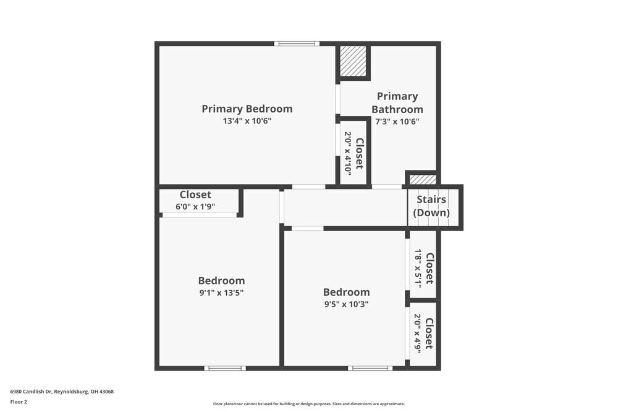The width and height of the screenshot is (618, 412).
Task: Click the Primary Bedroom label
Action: [247, 109]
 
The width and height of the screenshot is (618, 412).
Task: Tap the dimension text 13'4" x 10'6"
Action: [247, 121]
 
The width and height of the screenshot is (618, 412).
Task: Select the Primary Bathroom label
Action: [397, 103]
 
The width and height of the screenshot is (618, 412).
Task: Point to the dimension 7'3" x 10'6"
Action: [397, 121]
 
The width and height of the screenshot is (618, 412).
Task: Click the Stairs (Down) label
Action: [431, 206]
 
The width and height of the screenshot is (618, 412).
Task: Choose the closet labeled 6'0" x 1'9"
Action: [195, 201]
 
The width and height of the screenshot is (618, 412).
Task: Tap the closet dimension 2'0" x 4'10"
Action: [347, 153]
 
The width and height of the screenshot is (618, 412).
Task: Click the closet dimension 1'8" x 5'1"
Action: [418, 268]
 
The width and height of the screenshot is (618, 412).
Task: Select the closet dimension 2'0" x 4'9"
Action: [418, 333]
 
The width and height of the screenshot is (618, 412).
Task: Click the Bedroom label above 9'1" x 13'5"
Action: [221, 280]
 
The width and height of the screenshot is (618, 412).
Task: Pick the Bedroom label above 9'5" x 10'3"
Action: [347, 292]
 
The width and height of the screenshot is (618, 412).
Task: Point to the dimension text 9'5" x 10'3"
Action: [347, 304]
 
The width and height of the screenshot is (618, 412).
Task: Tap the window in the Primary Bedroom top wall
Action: [297, 43]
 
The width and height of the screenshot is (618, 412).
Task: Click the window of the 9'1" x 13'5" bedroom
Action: [225, 368]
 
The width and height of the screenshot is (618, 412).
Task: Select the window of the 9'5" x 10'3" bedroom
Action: [370, 368]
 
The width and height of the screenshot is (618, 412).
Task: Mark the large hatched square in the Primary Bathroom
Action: [353, 61]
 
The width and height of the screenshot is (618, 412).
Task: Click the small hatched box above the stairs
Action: [423, 180]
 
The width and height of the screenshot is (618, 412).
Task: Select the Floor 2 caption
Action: [19, 401]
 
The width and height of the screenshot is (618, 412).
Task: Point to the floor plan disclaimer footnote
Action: [308, 404]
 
